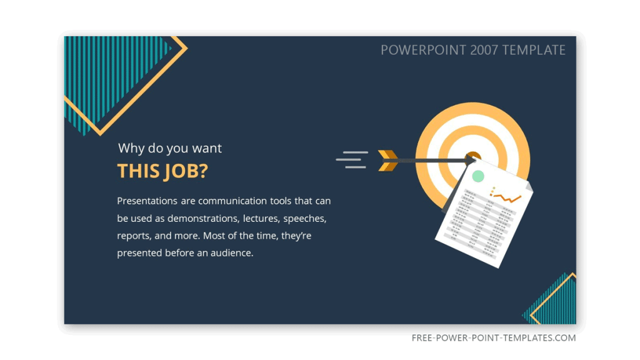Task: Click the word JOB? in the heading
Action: [x=185, y=171]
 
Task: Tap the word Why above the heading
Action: [x=131, y=148]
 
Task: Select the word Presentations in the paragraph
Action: [x=147, y=201]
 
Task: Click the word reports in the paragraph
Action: [x=132, y=236]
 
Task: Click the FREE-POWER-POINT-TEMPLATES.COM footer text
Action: [x=494, y=338]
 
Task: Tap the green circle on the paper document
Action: [x=479, y=176]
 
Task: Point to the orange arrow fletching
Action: [x=388, y=160]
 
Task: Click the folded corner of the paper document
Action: [x=529, y=187]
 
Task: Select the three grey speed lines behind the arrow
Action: [x=352, y=159]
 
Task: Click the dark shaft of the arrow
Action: [x=431, y=161]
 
